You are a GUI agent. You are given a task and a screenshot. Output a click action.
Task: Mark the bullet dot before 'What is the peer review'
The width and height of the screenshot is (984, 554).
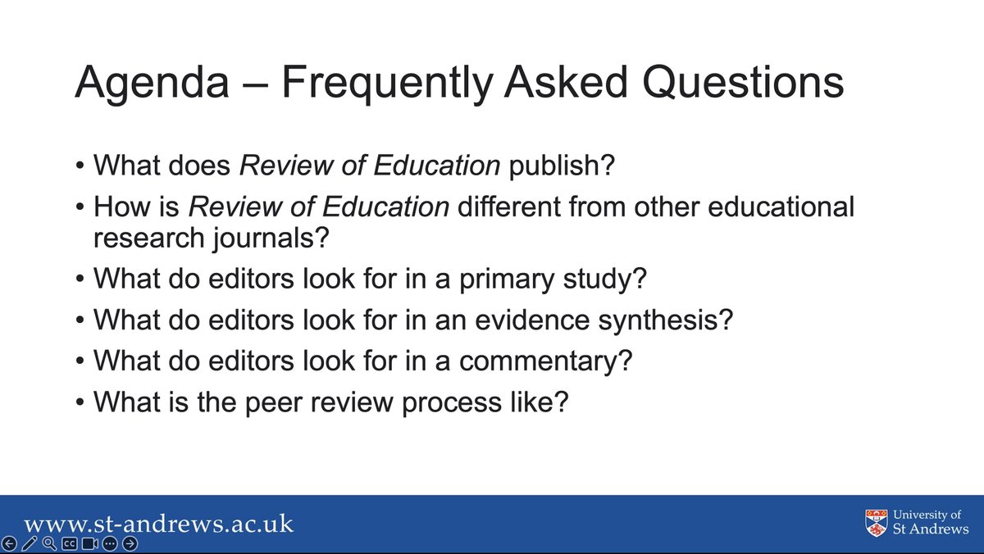pos(80,402)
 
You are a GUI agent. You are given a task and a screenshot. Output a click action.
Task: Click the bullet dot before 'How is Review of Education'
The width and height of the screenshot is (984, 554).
pos(80,207)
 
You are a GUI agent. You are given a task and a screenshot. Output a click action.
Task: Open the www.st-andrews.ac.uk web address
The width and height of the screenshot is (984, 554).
pos(158,524)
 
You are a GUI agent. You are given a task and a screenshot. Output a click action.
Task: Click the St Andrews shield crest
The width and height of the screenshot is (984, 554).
pos(877,522)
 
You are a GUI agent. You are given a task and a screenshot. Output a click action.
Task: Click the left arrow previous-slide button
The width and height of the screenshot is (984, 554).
pos(9,544)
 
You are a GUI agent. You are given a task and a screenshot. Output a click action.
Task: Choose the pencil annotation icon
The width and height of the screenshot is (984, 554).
pos(30,544)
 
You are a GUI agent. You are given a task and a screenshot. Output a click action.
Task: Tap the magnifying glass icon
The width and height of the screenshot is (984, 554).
pos(49,544)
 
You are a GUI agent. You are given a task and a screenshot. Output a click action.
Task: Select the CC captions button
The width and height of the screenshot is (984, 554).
pos(70,544)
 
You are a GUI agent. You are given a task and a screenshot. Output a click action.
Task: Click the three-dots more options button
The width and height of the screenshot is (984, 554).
pos(111,544)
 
